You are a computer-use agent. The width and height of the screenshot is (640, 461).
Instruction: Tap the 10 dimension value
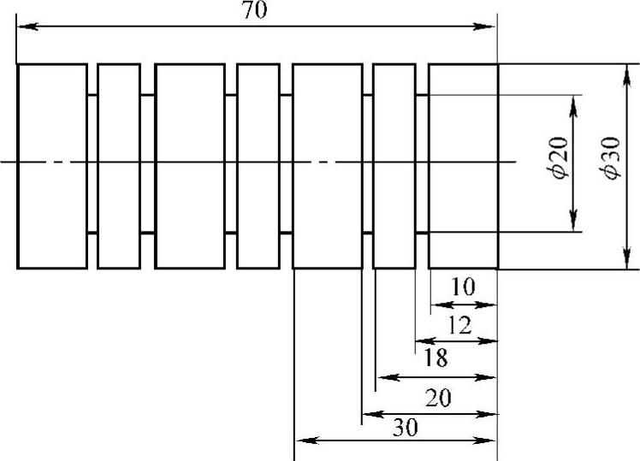(463, 287)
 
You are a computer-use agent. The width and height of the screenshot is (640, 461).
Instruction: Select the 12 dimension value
(459, 324)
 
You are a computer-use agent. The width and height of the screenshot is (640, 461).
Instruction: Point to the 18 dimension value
(436, 358)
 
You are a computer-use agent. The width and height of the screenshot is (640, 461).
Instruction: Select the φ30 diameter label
(610, 160)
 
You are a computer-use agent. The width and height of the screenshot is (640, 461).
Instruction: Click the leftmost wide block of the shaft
(51, 165)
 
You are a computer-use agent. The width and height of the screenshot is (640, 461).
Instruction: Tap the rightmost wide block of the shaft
(463, 165)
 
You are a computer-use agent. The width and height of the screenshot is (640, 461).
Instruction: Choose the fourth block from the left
(258, 165)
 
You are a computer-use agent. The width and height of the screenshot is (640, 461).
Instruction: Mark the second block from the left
(119, 165)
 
